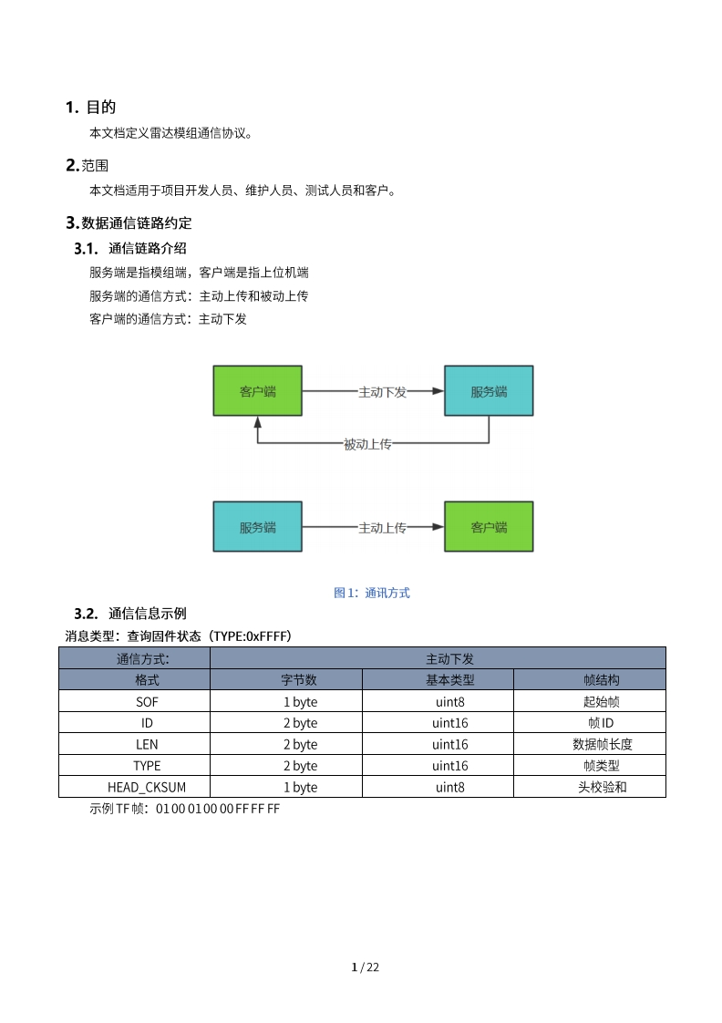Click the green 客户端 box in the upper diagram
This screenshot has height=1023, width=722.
pos(257,391)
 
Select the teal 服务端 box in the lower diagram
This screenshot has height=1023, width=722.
pos(257,527)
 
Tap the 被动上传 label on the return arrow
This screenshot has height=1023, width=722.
pos(367,444)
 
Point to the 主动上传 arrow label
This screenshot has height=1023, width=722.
pos(382,527)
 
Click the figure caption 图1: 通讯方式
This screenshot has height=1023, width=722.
pos(372,593)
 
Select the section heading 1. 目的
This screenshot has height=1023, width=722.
pos(91,108)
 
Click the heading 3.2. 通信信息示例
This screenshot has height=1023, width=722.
pos(130,613)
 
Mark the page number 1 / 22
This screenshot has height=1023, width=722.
pos(365,967)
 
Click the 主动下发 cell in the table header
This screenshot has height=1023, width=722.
pos(438,658)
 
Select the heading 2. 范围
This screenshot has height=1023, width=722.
pos(88,165)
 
